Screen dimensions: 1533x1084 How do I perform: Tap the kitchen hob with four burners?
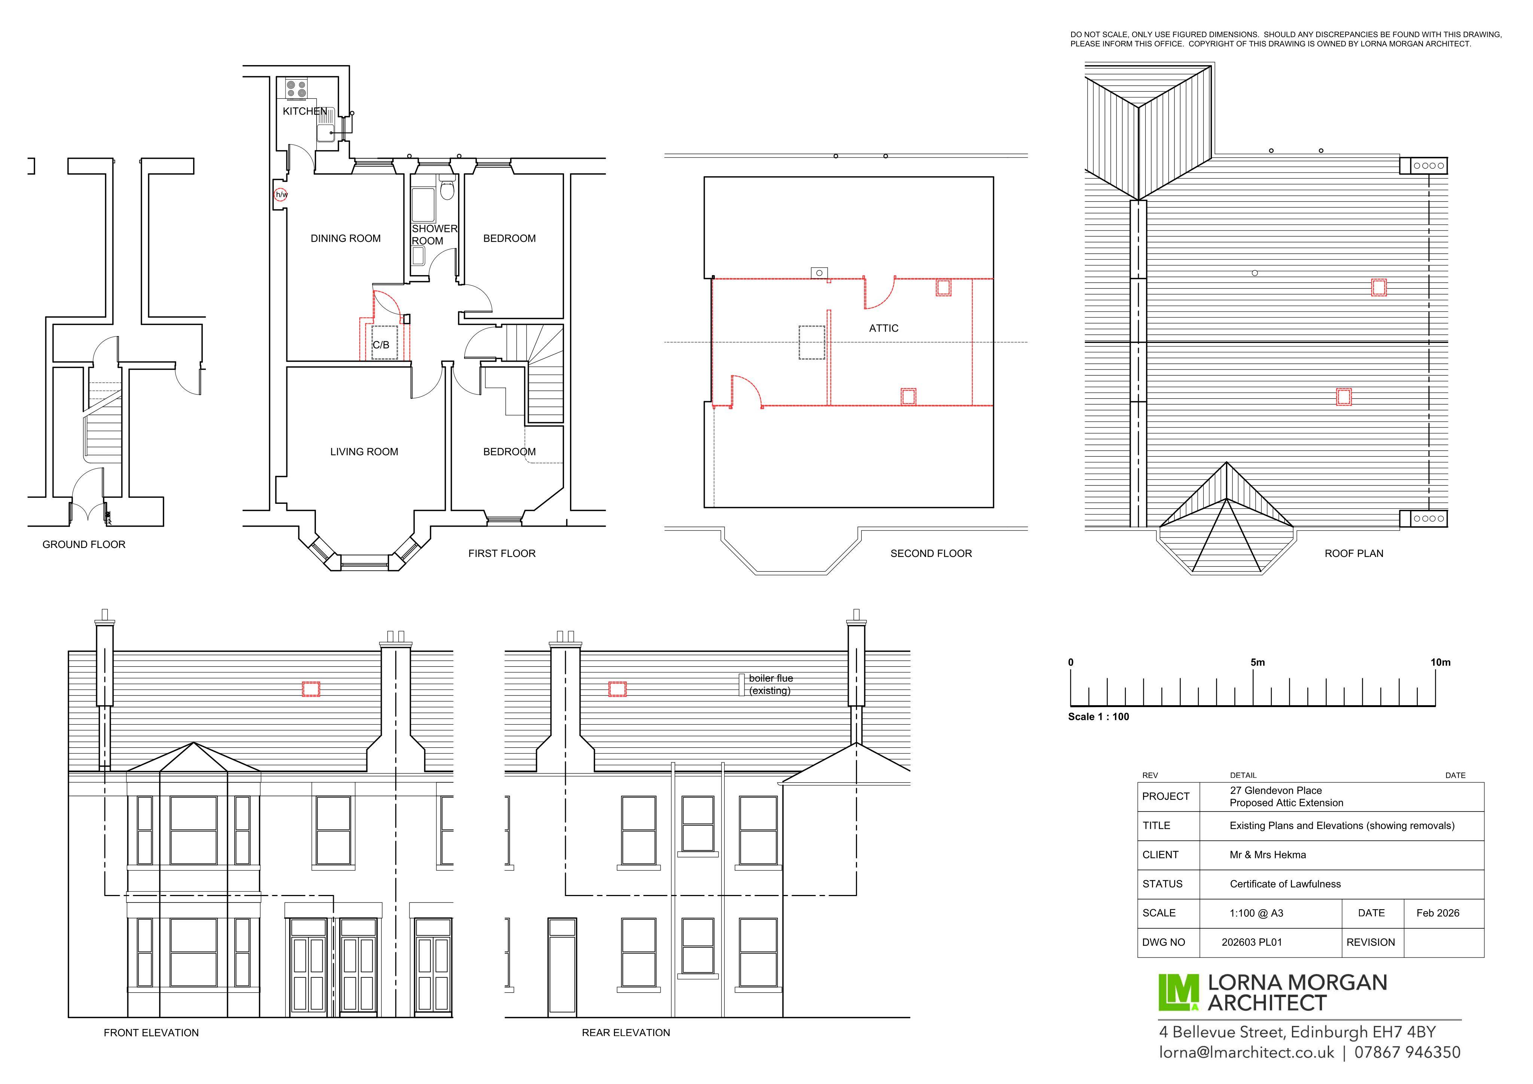(x=296, y=89)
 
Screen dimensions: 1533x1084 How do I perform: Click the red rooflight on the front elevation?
(x=311, y=689)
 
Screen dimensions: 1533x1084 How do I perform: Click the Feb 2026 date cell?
(x=1438, y=913)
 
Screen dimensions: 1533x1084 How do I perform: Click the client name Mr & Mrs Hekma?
(x=1268, y=855)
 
